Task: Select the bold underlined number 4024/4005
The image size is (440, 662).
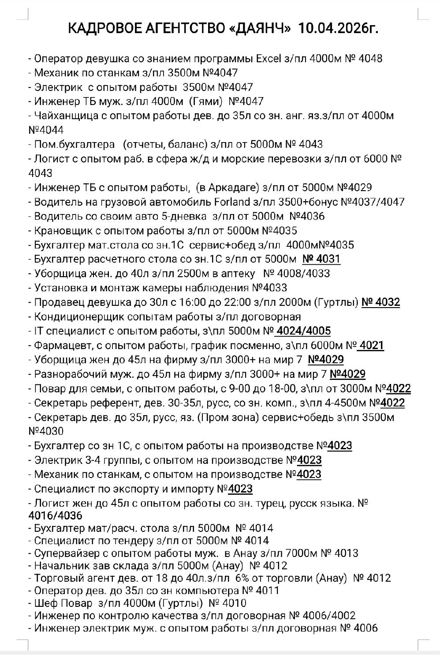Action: point(303,331)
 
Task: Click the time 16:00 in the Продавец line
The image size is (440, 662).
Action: point(187,302)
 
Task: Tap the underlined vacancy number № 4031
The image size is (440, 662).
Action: point(321,259)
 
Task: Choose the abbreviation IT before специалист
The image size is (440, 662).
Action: point(38,331)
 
